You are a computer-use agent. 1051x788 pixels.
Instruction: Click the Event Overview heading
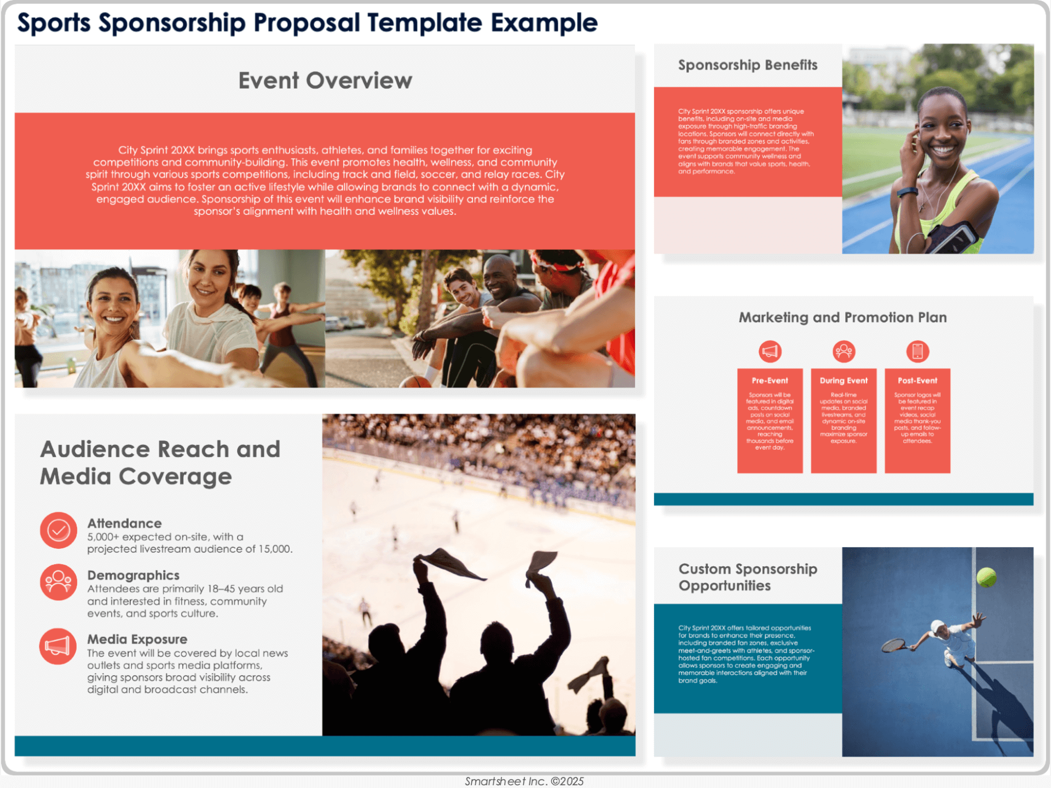pyautogui.click(x=325, y=80)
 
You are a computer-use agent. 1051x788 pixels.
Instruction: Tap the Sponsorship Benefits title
pyautogui.click(x=747, y=65)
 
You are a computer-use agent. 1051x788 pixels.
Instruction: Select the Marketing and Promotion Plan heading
pyautogui.click(x=842, y=317)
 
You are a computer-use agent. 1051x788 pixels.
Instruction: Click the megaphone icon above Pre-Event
pyautogui.click(x=770, y=351)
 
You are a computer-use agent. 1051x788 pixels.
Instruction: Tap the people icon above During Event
pyautogui.click(x=844, y=351)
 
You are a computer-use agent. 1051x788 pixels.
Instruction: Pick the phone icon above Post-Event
pyautogui.click(x=917, y=351)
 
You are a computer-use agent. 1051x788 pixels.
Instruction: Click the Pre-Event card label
pyautogui.click(x=770, y=381)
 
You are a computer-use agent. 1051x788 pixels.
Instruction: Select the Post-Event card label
pyautogui.click(x=917, y=381)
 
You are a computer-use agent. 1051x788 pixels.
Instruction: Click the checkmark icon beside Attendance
pyautogui.click(x=59, y=530)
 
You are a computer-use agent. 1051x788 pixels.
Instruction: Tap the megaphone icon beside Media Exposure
pyautogui.click(x=58, y=646)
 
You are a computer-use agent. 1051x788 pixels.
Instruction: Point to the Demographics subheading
pyautogui.click(x=134, y=575)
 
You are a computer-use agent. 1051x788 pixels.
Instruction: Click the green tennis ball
pyautogui.click(x=986, y=577)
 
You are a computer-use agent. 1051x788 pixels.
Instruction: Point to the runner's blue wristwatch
pyautogui.click(x=907, y=192)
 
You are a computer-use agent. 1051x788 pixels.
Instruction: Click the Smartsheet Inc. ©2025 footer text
pyautogui.click(x=524, y=781)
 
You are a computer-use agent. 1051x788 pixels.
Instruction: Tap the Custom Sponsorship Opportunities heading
pyautogui.click(x=747, y=577)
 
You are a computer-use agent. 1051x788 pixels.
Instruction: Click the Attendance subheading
pyautogui.click(x=124, y=523)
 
